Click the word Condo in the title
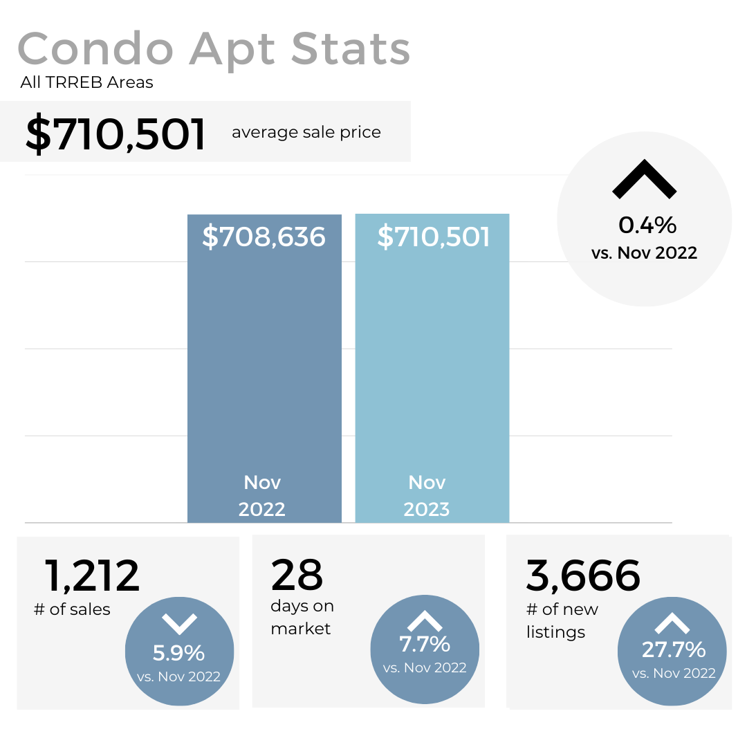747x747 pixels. coord(95,49)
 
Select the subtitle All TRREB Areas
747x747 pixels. coord(86,83)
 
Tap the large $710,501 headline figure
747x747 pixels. coord(116,133)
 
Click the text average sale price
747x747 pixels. coord(306,132)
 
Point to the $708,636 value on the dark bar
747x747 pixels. coord(264,237)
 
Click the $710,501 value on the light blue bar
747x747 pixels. coord(433,237)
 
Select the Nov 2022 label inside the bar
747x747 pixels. coord(262,496)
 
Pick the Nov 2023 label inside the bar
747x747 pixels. coord(427,496)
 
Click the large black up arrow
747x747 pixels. coord(644,179)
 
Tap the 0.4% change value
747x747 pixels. coord(647,225)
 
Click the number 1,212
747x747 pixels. coord(92,575)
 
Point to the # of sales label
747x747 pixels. coord(72,610)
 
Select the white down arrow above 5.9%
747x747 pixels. coord(180,624)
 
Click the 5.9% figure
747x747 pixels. coord(178,653)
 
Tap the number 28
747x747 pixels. coord(297,574)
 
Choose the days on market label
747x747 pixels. coord(302,618)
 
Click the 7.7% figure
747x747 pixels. coord(425,645)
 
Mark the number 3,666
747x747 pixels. coord(583,575)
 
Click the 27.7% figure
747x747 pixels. coord(673,650)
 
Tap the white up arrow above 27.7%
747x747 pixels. coord(672,624)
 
